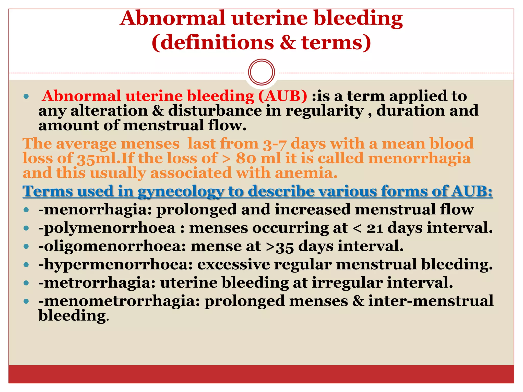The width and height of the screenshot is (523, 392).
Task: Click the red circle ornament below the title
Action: click(261, 72)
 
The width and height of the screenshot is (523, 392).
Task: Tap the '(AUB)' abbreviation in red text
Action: click(283, 96)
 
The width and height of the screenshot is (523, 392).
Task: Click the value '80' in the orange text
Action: click(246, 158)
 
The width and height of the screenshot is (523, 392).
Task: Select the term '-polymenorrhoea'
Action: click(107, 228)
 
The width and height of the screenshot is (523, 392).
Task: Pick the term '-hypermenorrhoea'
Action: click(115, 264)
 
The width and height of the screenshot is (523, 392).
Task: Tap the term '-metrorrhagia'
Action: click(97, 283)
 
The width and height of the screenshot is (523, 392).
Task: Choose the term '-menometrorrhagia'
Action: click(119, 301)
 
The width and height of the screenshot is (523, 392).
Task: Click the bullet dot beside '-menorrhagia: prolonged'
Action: click(26, 210)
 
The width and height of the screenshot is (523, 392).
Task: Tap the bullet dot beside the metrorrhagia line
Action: click(26, 283)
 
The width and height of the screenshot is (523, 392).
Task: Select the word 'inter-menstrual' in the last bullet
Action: click(431, 301)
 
